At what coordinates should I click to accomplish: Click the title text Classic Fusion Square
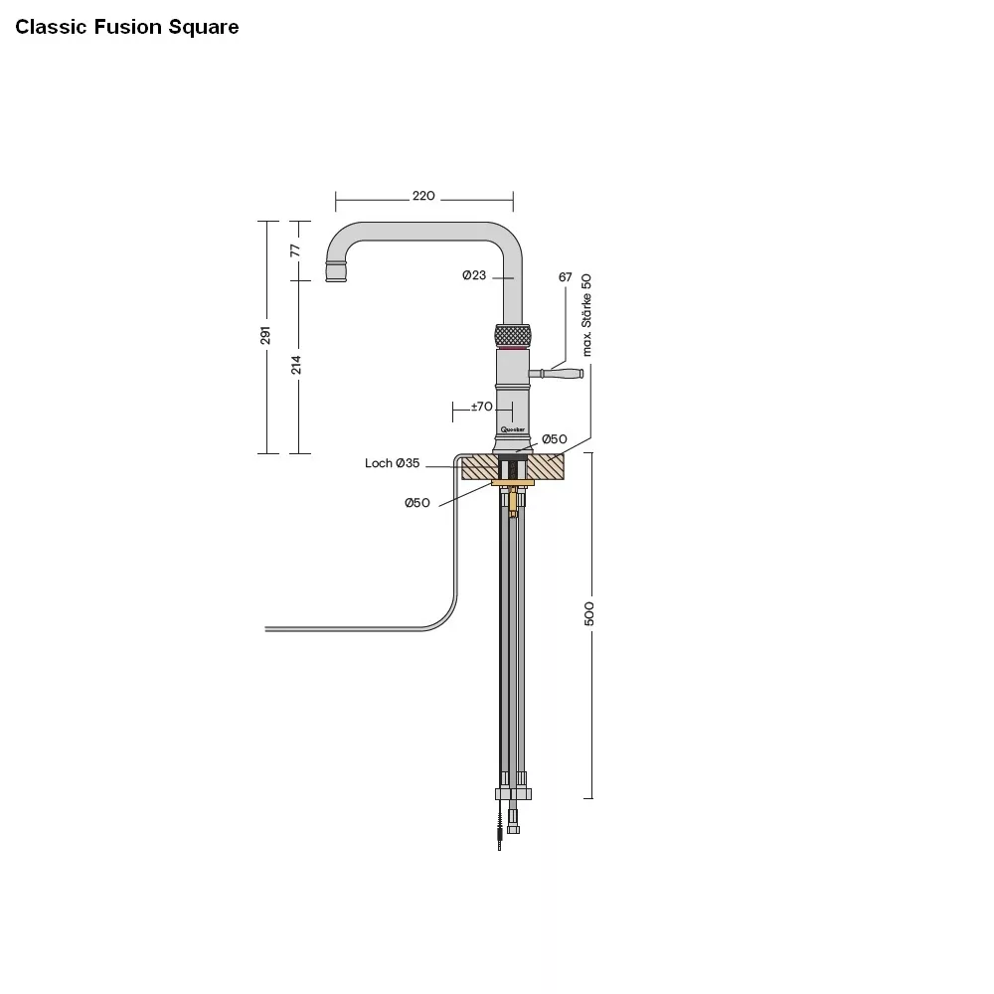(x=127, y=27)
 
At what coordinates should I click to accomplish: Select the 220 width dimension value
(x=423, y=197)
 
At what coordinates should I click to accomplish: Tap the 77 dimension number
(x=295, y=249)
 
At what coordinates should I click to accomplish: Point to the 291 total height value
(x=266, y=336)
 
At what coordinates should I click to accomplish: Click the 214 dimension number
(x=295, y=365)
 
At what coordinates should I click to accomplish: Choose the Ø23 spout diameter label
(x=474, y=276)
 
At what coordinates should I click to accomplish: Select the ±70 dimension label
(x=481, y=407)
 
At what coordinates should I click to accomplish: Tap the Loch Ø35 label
(x=393, y=464)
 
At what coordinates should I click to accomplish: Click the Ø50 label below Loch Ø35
(x=416, y=503)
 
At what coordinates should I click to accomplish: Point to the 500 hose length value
(x=589, y=614)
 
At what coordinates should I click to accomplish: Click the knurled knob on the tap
(x=513, y=335)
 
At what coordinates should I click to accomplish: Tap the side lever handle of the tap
(x=563, y=374)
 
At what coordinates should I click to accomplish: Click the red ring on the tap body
(x=513, y=351)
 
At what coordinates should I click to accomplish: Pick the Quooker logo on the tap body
(x=513, y=429)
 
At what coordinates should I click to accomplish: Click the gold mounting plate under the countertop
(x=513, y=483)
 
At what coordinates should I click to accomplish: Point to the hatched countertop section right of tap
(x=548, y=466)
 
